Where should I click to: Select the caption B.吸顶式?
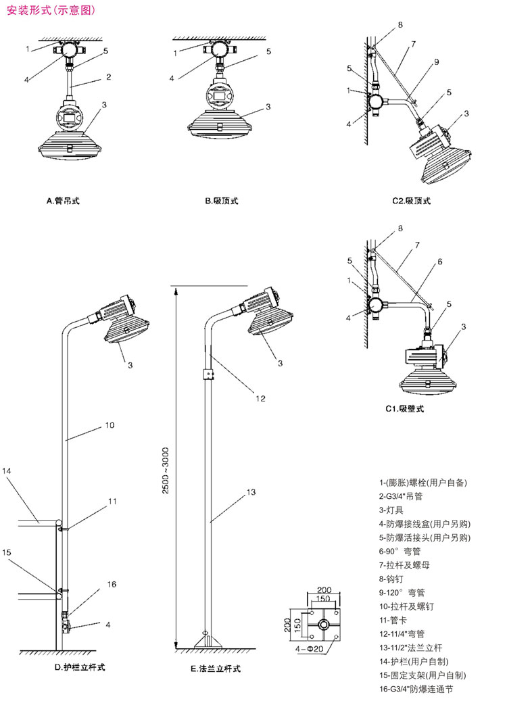tap(222, 201)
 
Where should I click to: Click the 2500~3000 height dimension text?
tap(166, 472)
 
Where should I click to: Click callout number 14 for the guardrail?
tap(7, 470)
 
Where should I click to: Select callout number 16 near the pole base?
tap(112, 583)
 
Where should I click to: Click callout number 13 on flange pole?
tap(251, 493)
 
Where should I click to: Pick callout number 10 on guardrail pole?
tap(110, 425)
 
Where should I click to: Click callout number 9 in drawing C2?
tap(437, 62)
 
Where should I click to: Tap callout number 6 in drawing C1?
tap(439, 261)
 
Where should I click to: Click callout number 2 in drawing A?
tap(108, 78)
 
